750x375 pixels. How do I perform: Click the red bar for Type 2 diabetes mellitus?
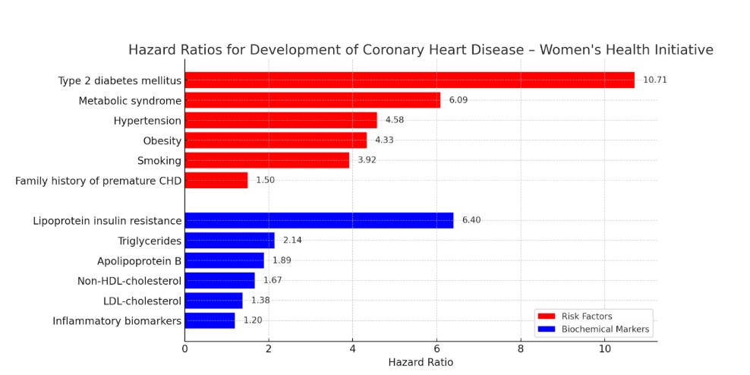[409, 80]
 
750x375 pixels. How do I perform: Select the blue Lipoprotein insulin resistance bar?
[319, 221]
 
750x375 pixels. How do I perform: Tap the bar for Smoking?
[266, 160]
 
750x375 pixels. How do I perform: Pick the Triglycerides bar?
[229, 241]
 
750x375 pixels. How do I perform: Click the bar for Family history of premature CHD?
[216, 181]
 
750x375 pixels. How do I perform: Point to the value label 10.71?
[655, 80]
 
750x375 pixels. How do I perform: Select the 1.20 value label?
[253, 321]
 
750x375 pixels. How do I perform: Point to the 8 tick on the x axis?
[521, 348]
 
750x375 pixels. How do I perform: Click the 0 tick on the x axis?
[184, 348]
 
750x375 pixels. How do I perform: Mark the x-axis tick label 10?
[604, 348]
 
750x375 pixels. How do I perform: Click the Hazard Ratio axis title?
[421, 363]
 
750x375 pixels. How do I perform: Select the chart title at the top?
[421, 50]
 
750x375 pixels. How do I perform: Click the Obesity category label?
[162, 140]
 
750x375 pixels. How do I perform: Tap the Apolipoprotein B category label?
[139, 261]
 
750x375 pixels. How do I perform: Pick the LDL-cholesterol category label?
[142, 301]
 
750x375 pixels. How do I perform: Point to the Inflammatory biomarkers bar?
[210, 321]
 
